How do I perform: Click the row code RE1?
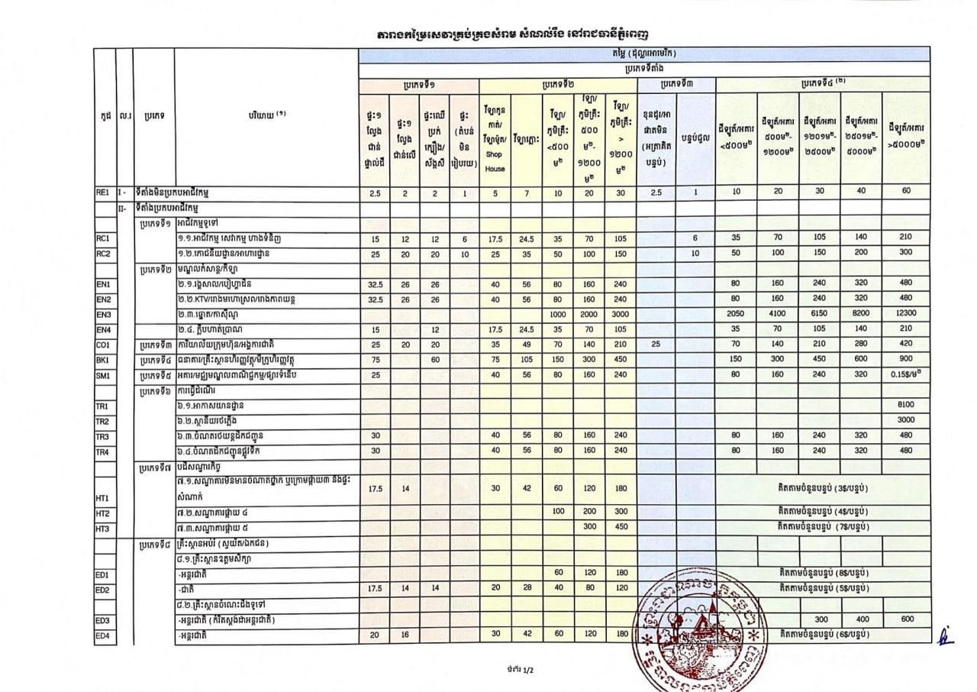point(103,193)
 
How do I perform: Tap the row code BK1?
point(103,360)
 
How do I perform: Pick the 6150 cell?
point(821,314)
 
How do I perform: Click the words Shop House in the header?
point(495,161)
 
